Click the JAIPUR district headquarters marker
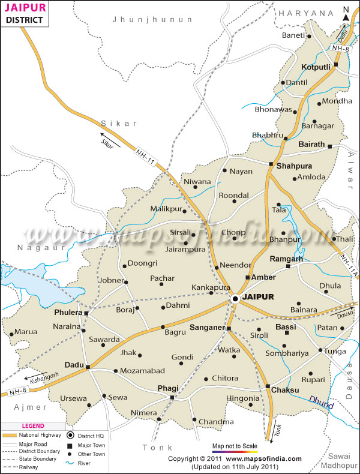[236, 298]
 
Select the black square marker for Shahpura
[271, 164]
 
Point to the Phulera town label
[67, 313]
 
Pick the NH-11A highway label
[349, 262]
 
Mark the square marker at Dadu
[88, 367]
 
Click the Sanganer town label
[206, 328]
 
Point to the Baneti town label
[293, 36]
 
